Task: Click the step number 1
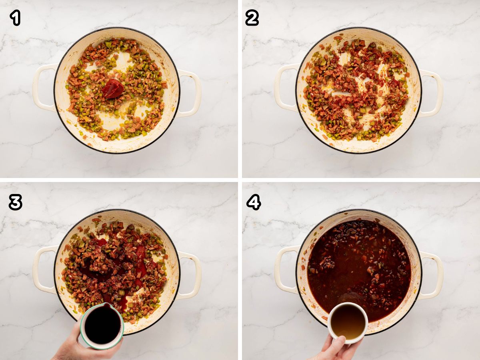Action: (x=15, y=18)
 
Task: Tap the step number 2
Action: (x=252, y=18)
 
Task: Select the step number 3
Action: (x=15, y=202)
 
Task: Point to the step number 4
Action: (x=254, y=202)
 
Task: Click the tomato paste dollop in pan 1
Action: (x=113, y=88)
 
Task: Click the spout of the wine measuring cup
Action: (x=106, y=305)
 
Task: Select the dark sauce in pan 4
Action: (x=359, y=274)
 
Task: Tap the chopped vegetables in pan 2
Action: (x=356, y=90)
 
